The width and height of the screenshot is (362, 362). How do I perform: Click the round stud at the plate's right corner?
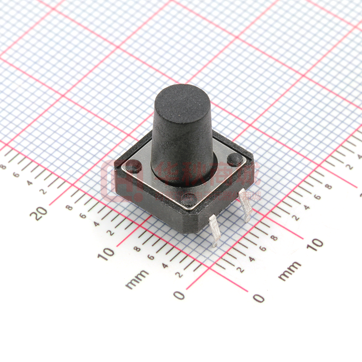[x=234, y=160]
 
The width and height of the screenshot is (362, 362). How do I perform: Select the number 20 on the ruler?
[x=40, y=213]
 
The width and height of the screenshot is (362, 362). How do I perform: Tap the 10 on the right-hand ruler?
[x=317, y=244]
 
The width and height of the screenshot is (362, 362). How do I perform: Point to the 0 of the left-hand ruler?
[x=179, y=295]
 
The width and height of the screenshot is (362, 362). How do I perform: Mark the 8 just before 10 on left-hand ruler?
[x=137, y=249]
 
